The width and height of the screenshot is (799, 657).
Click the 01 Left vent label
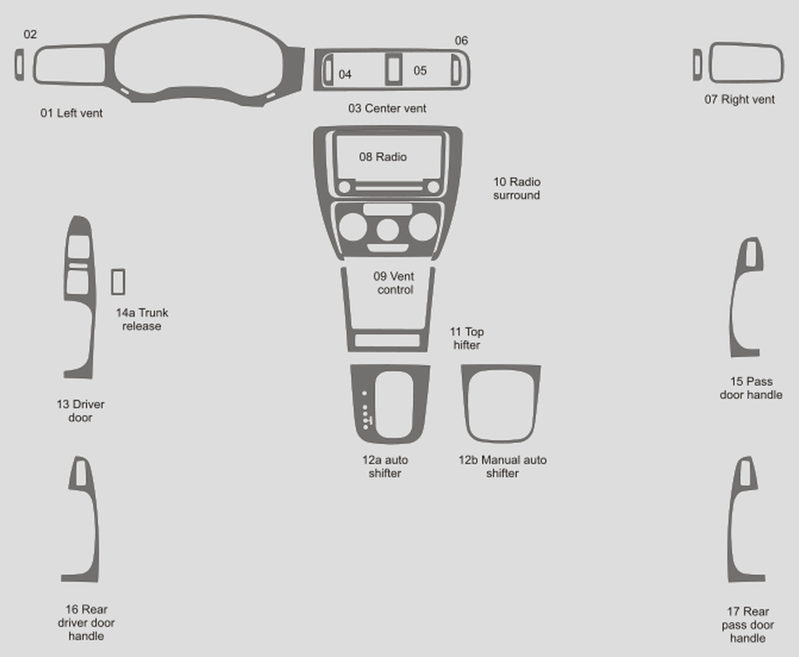(71, 113)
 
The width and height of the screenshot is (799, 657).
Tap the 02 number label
(30, 34)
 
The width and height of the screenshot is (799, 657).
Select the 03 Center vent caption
(387, 109)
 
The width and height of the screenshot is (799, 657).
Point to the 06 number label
(461, 40)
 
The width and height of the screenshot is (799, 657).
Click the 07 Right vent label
(739, 99)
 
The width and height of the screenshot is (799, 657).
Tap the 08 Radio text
(383, 157)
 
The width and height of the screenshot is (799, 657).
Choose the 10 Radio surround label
(517, 188)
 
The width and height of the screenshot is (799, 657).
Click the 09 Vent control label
(394, 283)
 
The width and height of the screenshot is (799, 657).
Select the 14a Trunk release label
(142, 319)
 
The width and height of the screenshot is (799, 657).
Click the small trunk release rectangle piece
(118, 282)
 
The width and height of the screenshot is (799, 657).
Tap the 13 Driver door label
(80, 411)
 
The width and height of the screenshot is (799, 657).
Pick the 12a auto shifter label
(385, 467)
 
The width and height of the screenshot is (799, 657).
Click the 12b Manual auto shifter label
(503, 467)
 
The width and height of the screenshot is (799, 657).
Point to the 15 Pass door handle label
(751, 388)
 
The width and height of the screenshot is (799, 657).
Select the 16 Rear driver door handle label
(86, 622)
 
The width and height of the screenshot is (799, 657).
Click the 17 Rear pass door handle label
(748, 625)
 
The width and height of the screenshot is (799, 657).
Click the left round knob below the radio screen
(345, 187)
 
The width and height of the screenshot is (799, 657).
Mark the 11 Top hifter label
(466, 338)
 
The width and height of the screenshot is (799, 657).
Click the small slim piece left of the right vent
(697, 64)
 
